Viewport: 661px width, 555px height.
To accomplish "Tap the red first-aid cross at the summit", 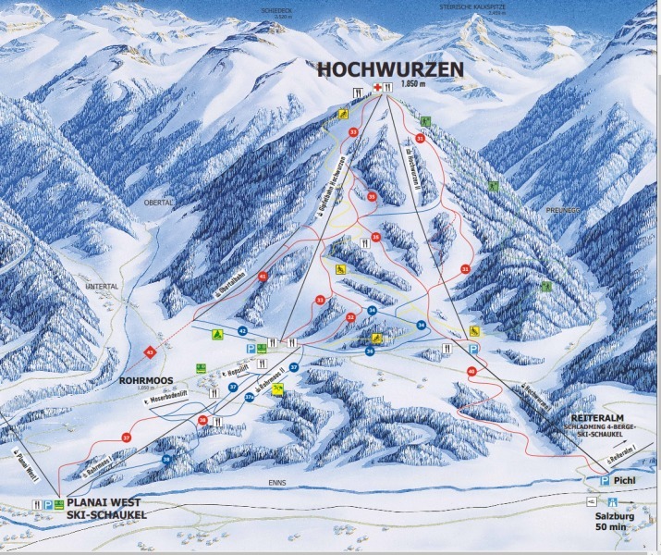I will pyautogui.click(x=376, y=88).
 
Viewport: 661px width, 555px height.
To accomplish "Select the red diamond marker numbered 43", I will pyautogui.click(x=149, y=351).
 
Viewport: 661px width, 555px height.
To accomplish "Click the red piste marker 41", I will pyautogui.click(x=263, y=277).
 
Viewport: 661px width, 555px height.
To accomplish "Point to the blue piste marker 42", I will pyautogui.click(x=242, y=330).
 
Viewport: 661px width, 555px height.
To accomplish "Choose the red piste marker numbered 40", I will pyautogui.click(x=471, y=371).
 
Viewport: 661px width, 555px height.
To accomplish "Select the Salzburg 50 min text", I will pyautogui.click(x=622, y=520).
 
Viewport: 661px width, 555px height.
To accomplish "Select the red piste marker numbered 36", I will pyautogui.click(x=202, y=421).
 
